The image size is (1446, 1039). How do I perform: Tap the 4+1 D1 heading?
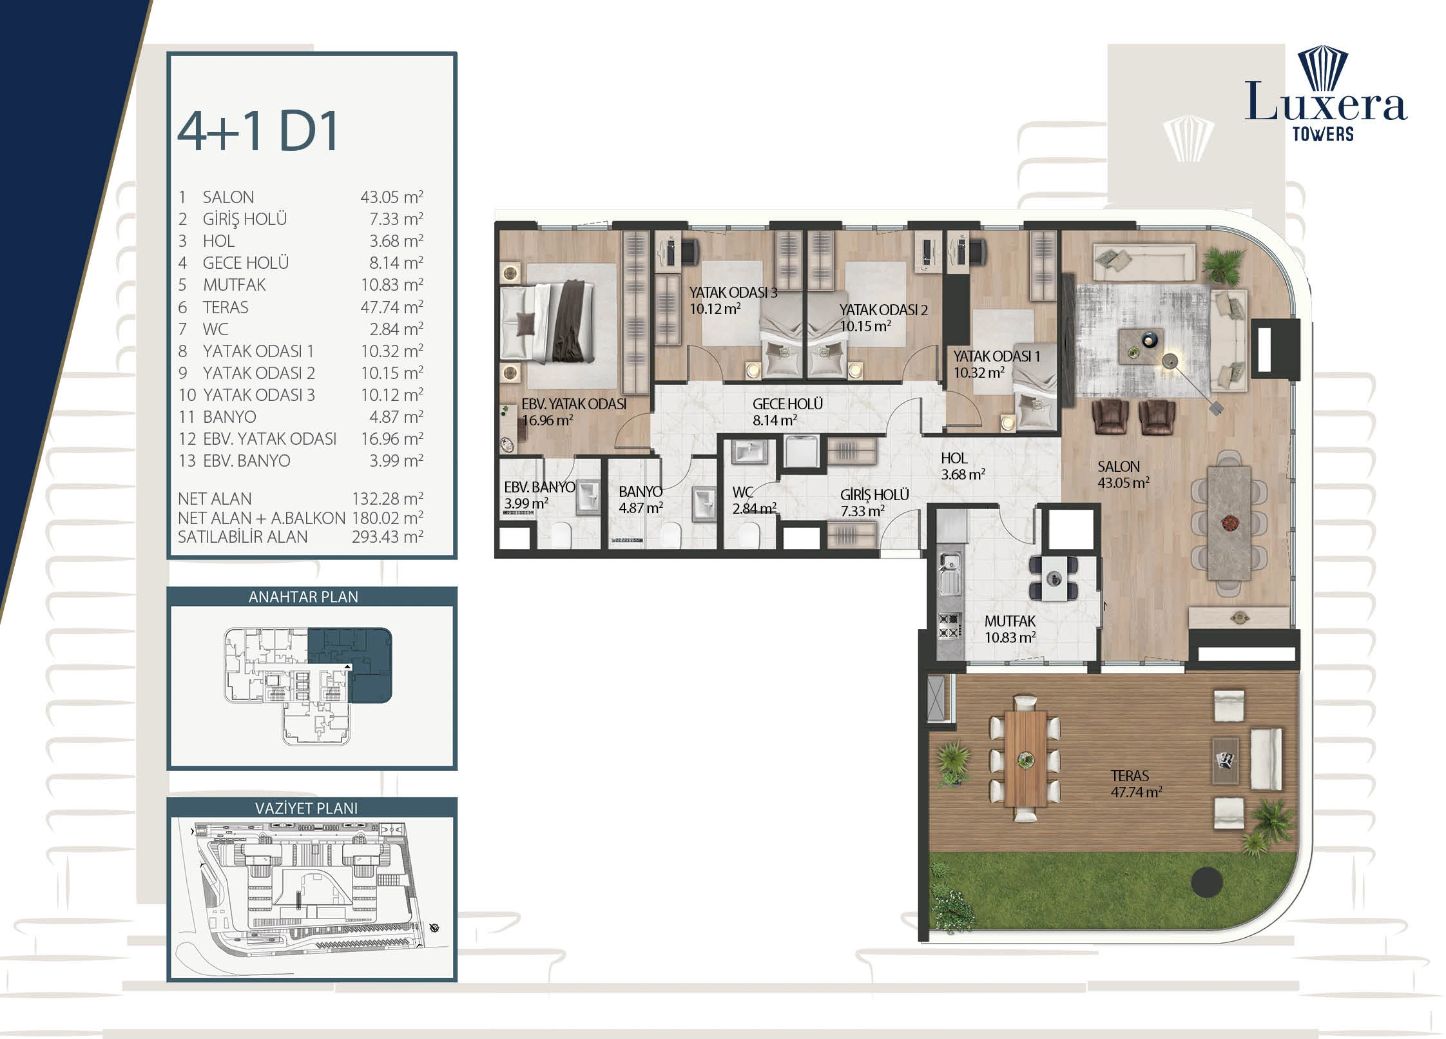pos(258,132)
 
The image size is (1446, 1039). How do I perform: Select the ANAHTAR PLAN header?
pos(304,597)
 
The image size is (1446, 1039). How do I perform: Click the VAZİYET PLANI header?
pos(306,808)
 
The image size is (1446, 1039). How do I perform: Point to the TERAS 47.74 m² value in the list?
pos(392,307)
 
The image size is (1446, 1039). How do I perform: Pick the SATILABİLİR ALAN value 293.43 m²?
pos(387,537)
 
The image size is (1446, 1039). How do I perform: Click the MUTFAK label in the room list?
pos(234,285)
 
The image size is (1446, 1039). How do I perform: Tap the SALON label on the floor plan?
pos(1119,467)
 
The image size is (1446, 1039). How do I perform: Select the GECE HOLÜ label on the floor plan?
pos(787,404)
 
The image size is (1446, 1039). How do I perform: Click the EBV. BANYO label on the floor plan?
pos(539,487)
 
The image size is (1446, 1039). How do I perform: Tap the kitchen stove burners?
pos(949,626)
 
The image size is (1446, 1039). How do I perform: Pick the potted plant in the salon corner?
pos(1220,264)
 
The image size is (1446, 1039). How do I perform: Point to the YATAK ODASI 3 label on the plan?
pos(733,293)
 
